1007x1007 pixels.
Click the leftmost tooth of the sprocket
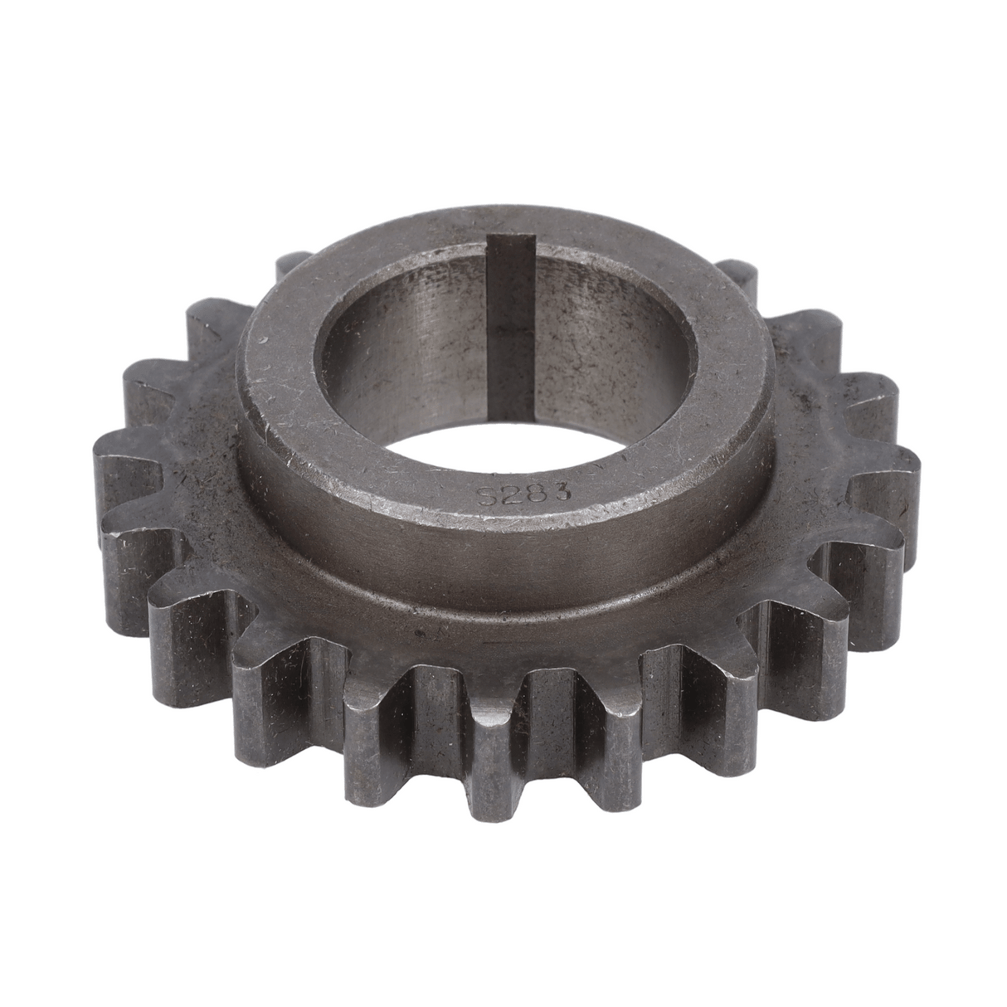click(124, 489)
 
